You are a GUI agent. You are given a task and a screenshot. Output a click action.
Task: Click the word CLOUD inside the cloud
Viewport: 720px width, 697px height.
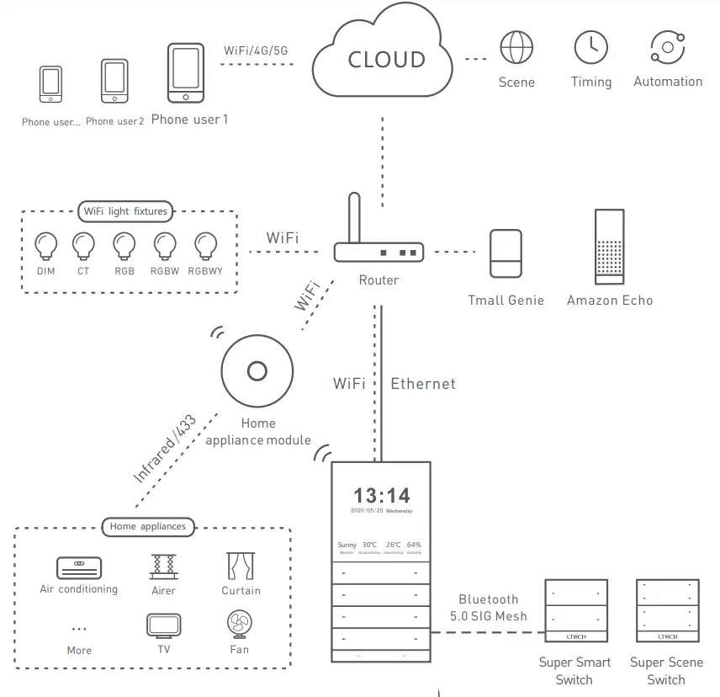pyautogui.click(x=386, y=60)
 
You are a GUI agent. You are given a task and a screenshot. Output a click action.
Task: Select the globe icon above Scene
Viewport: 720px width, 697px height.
pyautogui.click(x=516, y=48)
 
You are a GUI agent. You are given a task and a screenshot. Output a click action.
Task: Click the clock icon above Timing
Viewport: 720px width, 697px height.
pyautogui.click(x=591, y=48)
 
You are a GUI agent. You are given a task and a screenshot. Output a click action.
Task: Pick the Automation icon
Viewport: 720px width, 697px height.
pyautogui.click(x=668, y=47)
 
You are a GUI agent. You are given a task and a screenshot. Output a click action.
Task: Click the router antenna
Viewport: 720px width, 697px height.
pyautogui.click(x=355, y=217)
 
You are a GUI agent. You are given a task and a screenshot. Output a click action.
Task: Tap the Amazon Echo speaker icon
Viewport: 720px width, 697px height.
pyautogui.click(x=610, y=244)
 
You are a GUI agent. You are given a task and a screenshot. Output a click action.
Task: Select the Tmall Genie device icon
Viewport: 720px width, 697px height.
pyautogui.click(x=506, y=253)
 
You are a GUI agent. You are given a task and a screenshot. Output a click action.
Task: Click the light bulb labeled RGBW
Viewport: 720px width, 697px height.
pyautogui.click(x=166, y=246)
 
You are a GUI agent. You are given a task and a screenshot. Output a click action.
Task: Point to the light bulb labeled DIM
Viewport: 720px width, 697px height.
pyautogui.click(x=45, y=246)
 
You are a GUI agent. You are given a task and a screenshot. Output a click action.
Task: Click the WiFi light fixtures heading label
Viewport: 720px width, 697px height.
pyautogui.click(x=125, y=210)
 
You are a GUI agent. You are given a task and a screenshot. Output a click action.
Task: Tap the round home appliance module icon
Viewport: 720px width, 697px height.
pyautogui.click(x=257, y=370)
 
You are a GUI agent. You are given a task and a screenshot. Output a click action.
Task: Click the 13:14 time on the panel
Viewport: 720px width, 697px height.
pyautogui.click(x=382, y=495)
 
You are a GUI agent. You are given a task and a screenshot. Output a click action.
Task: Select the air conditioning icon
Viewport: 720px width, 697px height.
pyautogui.click(x=78, y=566)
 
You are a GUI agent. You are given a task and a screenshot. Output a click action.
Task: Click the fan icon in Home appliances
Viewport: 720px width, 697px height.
pyautogui.click(x=239, y=625)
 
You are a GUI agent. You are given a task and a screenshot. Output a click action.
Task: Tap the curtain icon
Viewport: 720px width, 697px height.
pyautogui.click(x=241, y=566)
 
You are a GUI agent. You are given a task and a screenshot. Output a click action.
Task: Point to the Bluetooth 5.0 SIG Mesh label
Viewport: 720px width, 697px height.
pyautogui.click(x=488, y=607)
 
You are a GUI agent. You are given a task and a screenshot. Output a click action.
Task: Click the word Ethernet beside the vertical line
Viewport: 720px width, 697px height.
pyautogui.click(x=423, y=384)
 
